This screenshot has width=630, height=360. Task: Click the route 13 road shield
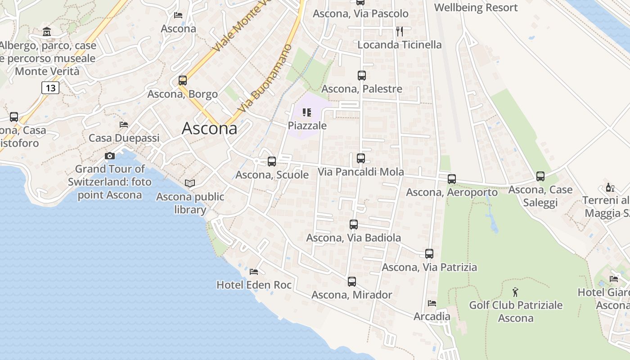pos(50,87)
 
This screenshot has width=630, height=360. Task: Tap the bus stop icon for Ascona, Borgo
pos(182,81)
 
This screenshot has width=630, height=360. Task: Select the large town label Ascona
pos(209,129)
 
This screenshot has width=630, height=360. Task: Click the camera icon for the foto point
pos(109,156)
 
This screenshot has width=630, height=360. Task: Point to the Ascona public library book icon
pos(190,184)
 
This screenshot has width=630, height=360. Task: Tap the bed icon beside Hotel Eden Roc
pos(254,272)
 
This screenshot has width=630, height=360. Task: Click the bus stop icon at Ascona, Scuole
pos(271,161)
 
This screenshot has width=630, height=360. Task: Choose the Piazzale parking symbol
pos(307,112)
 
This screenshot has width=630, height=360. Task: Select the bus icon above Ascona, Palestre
pos(361,75)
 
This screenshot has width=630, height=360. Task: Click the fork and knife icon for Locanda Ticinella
pos(399,31)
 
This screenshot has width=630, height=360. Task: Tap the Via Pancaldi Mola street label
pos(361,172)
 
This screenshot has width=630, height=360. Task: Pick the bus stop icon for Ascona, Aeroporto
pos(451,179)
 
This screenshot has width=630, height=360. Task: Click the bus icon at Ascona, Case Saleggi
pos(540,176)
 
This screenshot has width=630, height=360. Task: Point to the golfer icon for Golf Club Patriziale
pos(516,292)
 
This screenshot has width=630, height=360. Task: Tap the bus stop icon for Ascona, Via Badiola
pos(353,224)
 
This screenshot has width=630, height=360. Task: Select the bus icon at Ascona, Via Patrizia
pos(429,253)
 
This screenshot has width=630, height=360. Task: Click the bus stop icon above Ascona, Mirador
pos(351,281)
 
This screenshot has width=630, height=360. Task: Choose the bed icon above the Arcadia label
pos(432,303)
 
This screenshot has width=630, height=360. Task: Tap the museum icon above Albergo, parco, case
pos(47,32)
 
